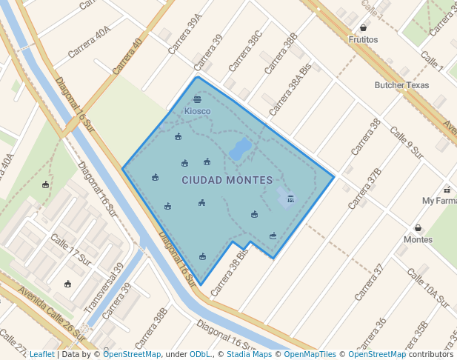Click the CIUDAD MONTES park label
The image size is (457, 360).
[x=227, y=180]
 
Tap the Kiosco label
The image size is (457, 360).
[x=197, y=111]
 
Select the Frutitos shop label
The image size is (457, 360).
[x=363, y=39]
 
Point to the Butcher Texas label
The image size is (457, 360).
[x=401, y=85]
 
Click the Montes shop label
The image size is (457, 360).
[x=418, y=239]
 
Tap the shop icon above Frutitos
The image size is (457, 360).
[x=363, y=27]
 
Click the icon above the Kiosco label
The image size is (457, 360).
[x=197, y=99]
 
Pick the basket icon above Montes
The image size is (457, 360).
[x=418, y=227]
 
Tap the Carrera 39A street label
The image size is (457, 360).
[x=185, y=33]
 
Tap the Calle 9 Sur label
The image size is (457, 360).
[x=406, y=143]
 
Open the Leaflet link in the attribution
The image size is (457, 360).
[x=41, y=354]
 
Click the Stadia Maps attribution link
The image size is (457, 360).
[x=248, y=354]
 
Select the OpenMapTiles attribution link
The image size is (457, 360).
[x=307, y=354]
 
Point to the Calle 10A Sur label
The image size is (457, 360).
[x=428, y=290]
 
